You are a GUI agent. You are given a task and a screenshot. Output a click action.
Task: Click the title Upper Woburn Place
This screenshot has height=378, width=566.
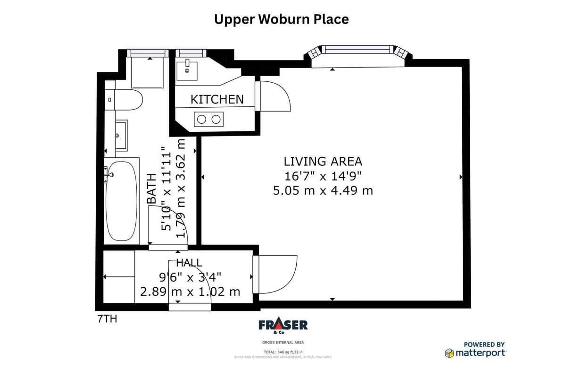282,19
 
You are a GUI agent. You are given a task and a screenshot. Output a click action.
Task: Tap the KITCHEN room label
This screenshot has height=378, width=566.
217,99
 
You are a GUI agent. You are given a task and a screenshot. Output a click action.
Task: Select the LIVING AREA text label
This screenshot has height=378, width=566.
323,161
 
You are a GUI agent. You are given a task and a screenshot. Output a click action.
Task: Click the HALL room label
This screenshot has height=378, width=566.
189,263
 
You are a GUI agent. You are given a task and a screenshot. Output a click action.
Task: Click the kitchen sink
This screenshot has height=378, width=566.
188,70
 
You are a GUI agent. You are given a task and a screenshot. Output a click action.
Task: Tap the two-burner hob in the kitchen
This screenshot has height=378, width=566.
208,119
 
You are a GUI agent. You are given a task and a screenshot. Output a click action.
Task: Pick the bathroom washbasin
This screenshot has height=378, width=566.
121,136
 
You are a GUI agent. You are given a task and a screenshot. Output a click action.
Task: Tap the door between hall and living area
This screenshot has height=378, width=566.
275,274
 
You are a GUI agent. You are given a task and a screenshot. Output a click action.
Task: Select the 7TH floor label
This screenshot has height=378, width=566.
107,319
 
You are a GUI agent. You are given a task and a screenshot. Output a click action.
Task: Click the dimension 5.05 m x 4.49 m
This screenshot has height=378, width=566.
323,190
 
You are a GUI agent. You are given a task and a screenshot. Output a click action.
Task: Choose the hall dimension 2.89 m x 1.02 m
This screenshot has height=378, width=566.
190,292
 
